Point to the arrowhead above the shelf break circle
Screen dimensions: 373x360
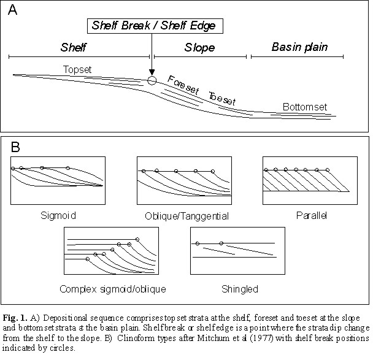coord(152,72)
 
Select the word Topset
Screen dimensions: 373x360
coord(77,69)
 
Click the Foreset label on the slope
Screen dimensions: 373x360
coord(183,85)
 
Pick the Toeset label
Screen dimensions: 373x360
coord(222,98)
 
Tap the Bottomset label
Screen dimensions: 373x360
coord(305,107)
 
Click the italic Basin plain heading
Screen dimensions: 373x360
coord(300,47)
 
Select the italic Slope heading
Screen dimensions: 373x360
coord(199,48)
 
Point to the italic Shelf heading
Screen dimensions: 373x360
coord(73,47)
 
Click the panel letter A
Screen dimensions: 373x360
coord(12,10)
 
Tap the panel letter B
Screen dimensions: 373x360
coord(15,147)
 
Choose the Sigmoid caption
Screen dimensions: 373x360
coord(58,216)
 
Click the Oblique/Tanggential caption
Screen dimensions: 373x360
coord(186,216)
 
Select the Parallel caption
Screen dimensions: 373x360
coord(312,215)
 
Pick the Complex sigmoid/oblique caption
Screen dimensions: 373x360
coord(113,289)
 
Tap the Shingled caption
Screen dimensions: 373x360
coord(240,289)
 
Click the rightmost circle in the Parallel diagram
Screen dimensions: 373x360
coord(328,170)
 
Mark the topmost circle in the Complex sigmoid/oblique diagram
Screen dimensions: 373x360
coord(137,239)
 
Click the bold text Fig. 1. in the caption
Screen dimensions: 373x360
coord(15,318)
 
